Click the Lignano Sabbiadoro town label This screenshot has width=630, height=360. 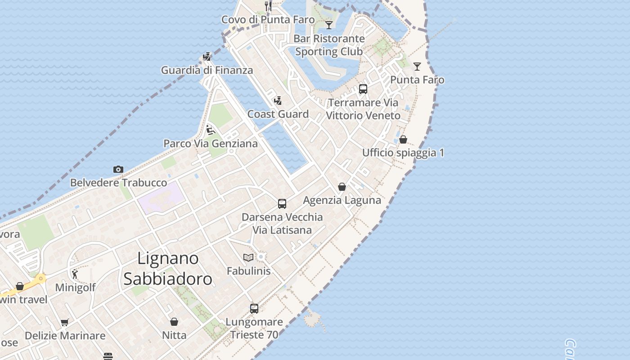click(x=167, y=269)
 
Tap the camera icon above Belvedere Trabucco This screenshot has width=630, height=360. click(x=118, y=170)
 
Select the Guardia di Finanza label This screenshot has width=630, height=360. click(x=207, y=70)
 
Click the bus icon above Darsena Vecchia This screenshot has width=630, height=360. click(x=282, y=204)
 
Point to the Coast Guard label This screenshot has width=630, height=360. click(x=278, y=114)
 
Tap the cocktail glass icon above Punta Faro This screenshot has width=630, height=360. click(x=418, y=67)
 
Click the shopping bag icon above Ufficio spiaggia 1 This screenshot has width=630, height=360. click(x=403, y=139)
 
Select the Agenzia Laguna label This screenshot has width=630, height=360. click(x=342, y=200)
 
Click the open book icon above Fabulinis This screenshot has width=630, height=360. click(x=248, y=257)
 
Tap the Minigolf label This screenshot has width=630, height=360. click(x=75, y=288)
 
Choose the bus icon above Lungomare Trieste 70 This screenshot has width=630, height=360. click(x=254, y=309)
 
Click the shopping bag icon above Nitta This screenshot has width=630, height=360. click(x=174, y=322)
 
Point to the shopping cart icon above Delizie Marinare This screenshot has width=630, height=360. click(x=65, y=322)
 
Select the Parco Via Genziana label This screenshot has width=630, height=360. click(x=211, y=144)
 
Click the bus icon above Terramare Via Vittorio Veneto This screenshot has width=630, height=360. click(x=363, y=89)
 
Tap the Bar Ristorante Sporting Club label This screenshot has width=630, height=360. click(x=329, y=45)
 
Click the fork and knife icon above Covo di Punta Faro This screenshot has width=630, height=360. click(x=268, y=6)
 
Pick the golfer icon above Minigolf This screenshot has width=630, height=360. click(x=75, y=274)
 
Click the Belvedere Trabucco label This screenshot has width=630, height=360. click(x=118, y=183)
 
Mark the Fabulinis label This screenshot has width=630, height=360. click(x=248, y=271)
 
